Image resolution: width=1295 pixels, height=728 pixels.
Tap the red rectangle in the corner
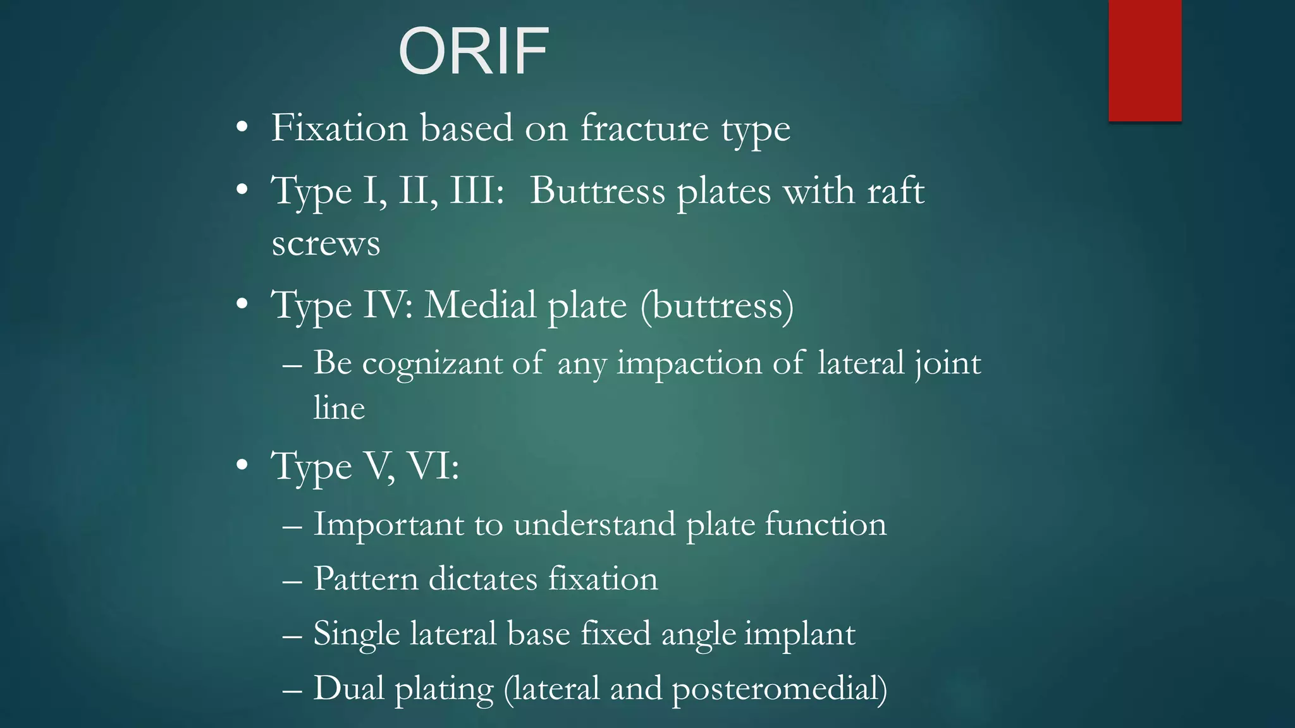(x=1145, y=60)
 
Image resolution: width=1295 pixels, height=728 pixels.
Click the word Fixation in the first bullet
(x=340, y=128)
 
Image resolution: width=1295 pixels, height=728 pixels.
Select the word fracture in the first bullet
(x=644, y=128)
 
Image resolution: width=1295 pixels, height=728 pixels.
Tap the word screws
(x=326, y=244)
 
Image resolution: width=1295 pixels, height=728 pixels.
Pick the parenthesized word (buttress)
(x=717, y=306)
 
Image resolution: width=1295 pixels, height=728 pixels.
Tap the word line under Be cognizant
(x=339, y=408)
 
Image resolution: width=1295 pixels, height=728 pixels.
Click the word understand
(x=594, y=525)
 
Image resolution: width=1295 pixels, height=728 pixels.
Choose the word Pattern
(x=365, y=579)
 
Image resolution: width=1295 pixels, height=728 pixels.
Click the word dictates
(x=482, y=579)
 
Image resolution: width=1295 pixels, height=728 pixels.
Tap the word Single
(x=357, y=634)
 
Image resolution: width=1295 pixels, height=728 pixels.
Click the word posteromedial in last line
(x=779, y=689)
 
